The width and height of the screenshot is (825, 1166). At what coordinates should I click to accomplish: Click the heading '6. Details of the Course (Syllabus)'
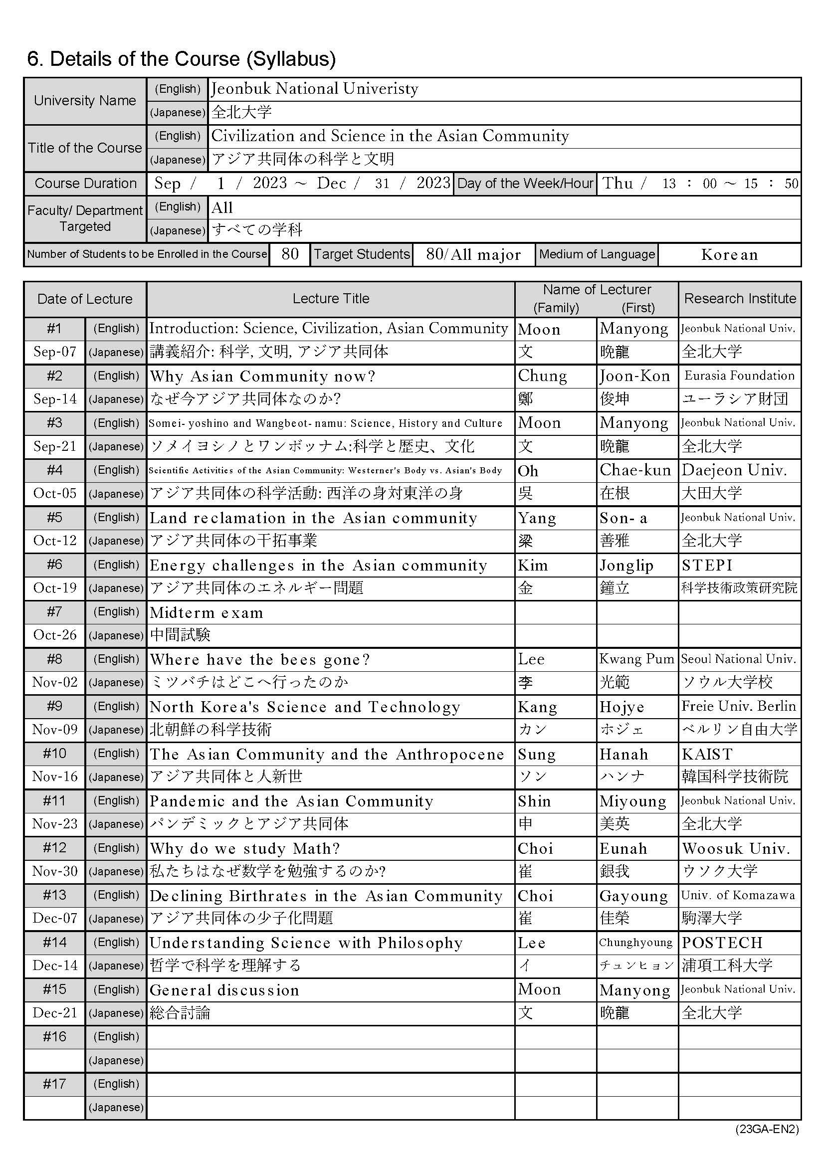[x=182, y=59]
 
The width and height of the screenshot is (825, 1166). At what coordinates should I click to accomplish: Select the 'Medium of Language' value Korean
[x=729, y=254]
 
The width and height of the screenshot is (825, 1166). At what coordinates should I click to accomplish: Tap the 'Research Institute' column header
[x=740, y=299]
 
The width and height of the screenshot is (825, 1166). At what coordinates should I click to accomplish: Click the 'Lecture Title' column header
[x=331, y=299]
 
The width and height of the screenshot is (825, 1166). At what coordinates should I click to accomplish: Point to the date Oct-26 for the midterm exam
[x=55, y=635]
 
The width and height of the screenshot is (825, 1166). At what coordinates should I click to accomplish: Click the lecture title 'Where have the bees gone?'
[x=259, y=659]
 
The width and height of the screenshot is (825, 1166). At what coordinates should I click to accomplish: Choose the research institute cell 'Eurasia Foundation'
[x=739, y=376]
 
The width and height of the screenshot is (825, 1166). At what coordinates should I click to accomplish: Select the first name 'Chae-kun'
[x=635, y=470]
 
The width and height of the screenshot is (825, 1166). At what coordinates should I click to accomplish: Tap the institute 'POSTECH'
[x=722, y=943]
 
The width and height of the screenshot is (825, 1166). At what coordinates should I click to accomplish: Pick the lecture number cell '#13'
[x=55, y=895]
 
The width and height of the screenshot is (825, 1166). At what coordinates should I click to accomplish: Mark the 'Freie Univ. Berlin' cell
[x=739, y=706]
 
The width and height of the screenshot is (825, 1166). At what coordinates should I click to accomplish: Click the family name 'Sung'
[x=537, y=754]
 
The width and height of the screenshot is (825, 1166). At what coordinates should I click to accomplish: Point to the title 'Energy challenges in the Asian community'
[x=318, y=565]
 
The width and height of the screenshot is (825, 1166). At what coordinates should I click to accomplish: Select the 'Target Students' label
[x=362, y=254]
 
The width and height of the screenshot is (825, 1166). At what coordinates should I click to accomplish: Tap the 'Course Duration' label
[x=85, y=184]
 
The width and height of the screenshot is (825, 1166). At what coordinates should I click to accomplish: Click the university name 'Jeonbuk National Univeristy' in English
[x=314, y=89]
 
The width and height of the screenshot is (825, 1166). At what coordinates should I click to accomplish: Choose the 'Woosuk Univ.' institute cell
[x=736, y=849]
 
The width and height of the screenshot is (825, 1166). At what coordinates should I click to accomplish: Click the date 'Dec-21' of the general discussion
[x=55, y=1012]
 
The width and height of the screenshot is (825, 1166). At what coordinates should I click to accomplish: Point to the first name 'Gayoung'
[x=633, y=896]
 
